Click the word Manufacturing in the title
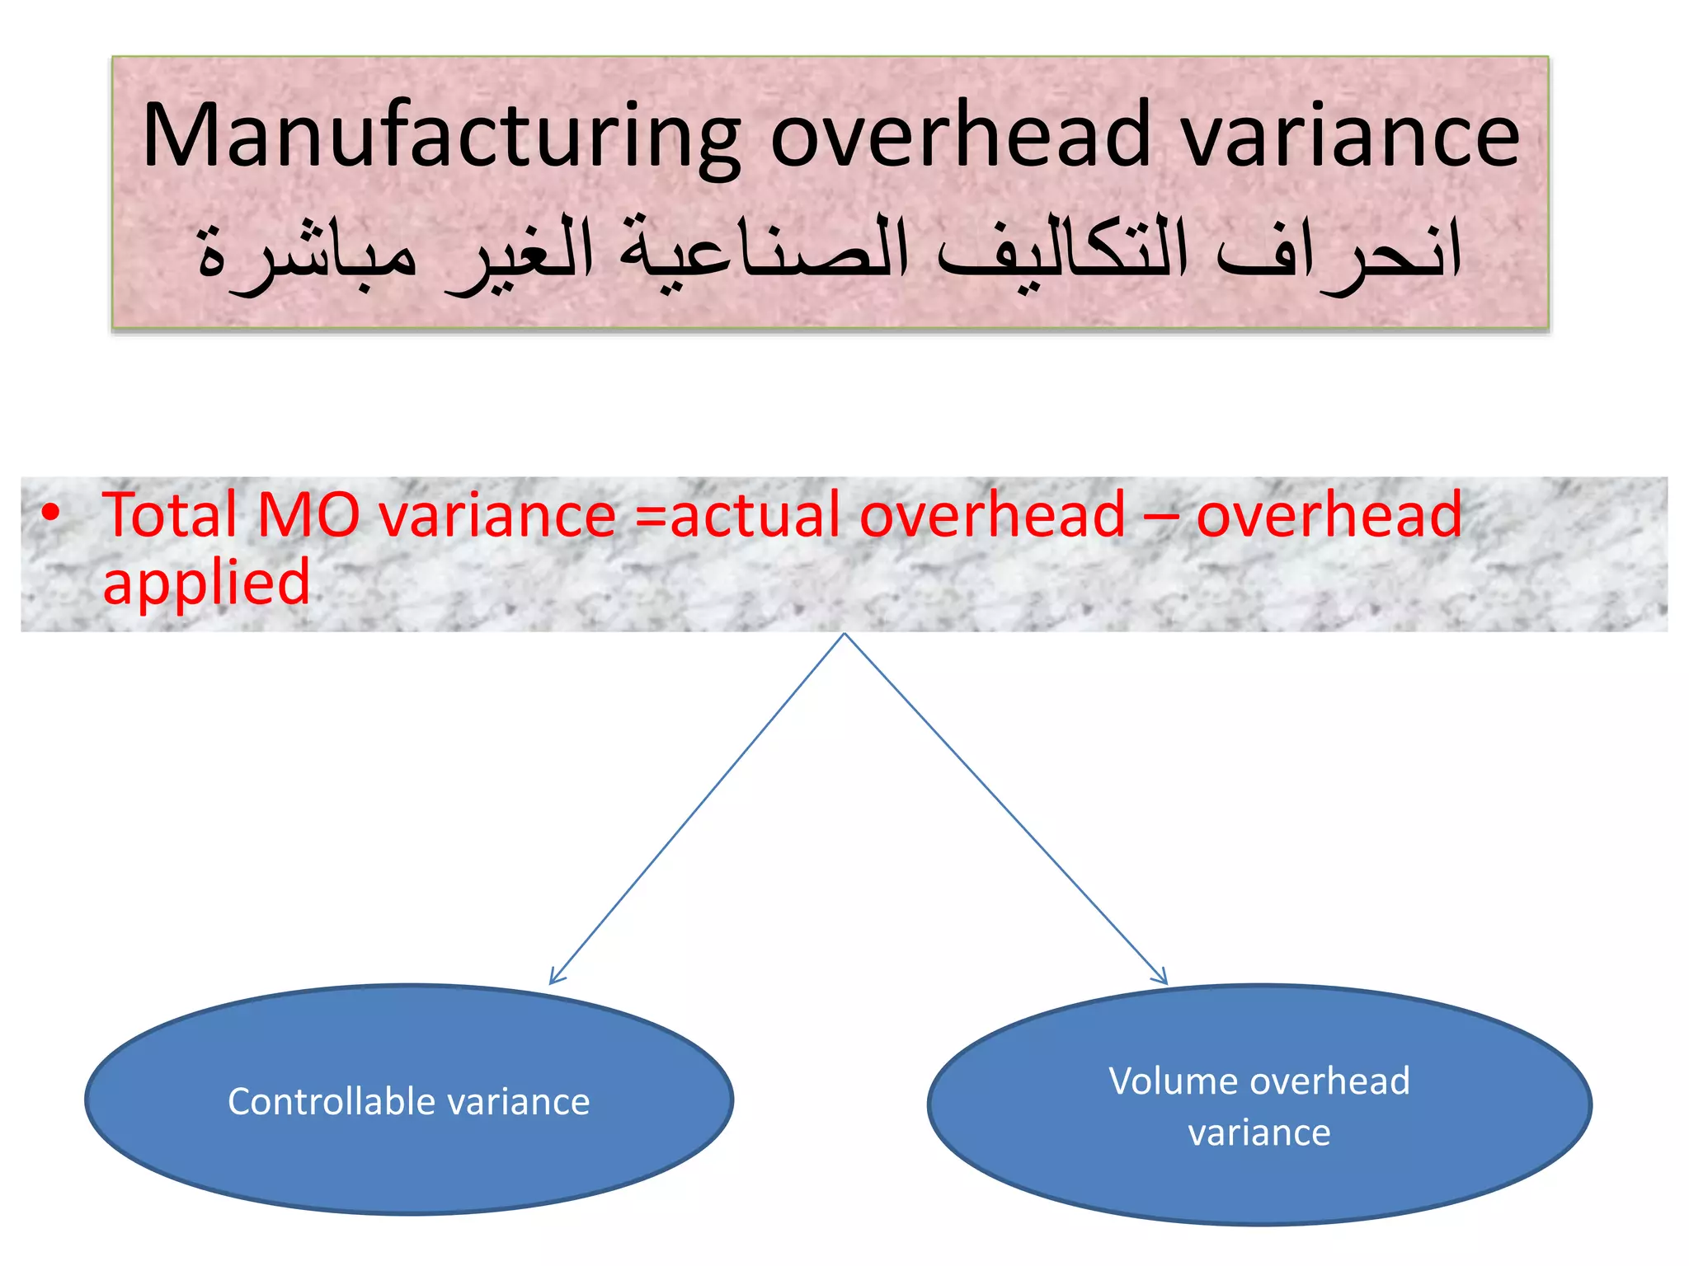tap(441, 136)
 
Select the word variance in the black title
tap(1351, 136)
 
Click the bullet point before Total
tap(51, 513)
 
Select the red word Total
tap(170, 514)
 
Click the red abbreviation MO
tap(308, 514)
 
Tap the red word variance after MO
tap(498, 516)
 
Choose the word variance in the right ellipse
tap(1259, 1132)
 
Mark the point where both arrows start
tap(844, 635)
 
